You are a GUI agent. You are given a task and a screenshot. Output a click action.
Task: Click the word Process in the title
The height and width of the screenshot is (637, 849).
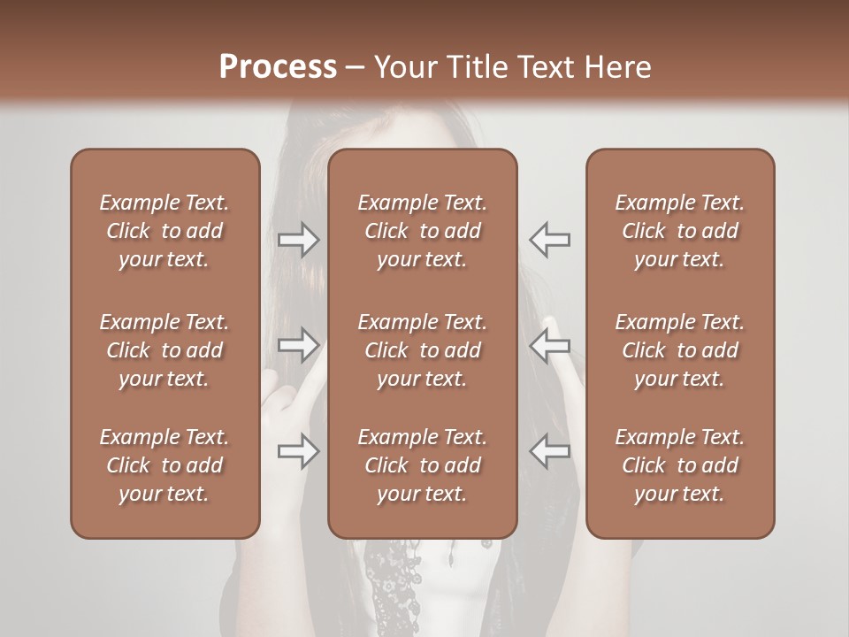point(278,67)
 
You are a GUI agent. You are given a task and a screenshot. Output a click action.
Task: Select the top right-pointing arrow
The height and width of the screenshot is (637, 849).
point(299,240)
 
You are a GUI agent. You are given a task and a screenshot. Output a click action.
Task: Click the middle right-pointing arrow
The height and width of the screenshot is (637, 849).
point(299,345)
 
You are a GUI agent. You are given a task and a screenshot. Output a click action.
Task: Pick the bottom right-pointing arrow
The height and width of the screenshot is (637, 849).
point(299,451)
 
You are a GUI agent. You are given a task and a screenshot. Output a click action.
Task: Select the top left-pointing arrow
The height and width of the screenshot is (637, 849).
point(549,240)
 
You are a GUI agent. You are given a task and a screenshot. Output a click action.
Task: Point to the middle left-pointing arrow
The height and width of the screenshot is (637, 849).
point(549,345)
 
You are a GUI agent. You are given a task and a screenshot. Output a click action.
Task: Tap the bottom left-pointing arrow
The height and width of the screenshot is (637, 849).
point(549,451)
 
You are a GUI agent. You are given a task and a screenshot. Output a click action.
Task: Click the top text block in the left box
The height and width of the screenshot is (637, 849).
point(164,231)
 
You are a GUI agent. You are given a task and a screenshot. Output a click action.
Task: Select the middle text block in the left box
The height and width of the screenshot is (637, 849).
point(164,350)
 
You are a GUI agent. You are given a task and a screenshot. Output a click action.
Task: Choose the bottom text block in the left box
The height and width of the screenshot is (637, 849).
point(164,465)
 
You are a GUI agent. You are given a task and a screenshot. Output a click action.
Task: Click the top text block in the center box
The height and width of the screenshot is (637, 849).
point(422,231)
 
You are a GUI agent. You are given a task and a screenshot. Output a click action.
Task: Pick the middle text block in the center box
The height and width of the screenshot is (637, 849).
point(422,350)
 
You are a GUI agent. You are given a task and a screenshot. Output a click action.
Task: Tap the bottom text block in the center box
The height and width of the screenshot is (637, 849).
point(422,465)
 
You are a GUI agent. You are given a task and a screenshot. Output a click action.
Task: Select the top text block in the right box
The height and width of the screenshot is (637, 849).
point(679,231)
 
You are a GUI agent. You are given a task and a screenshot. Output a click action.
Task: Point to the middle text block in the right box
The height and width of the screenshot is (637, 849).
point(679,350)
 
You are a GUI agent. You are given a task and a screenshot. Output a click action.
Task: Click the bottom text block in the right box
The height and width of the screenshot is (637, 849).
point(679,465)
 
